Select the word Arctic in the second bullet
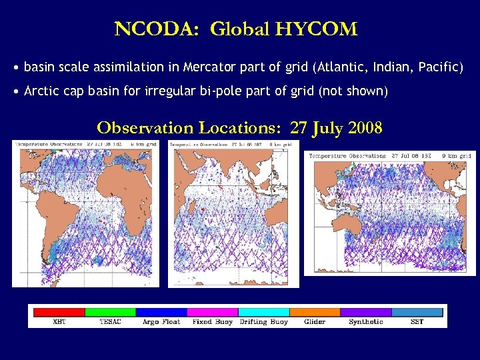[x=42, y=91]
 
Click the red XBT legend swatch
[x=59, y=311]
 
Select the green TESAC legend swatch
[x=110, y=311]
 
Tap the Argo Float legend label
[x=161, y=322]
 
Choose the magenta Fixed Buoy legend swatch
[x=212, y=311]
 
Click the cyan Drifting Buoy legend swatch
[x=263, y=311]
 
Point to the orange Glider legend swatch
[x=315, y=311]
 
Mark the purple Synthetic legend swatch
[x=365, y=311]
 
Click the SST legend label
[x=417, y=322]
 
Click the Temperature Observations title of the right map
[x=346, y=155]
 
